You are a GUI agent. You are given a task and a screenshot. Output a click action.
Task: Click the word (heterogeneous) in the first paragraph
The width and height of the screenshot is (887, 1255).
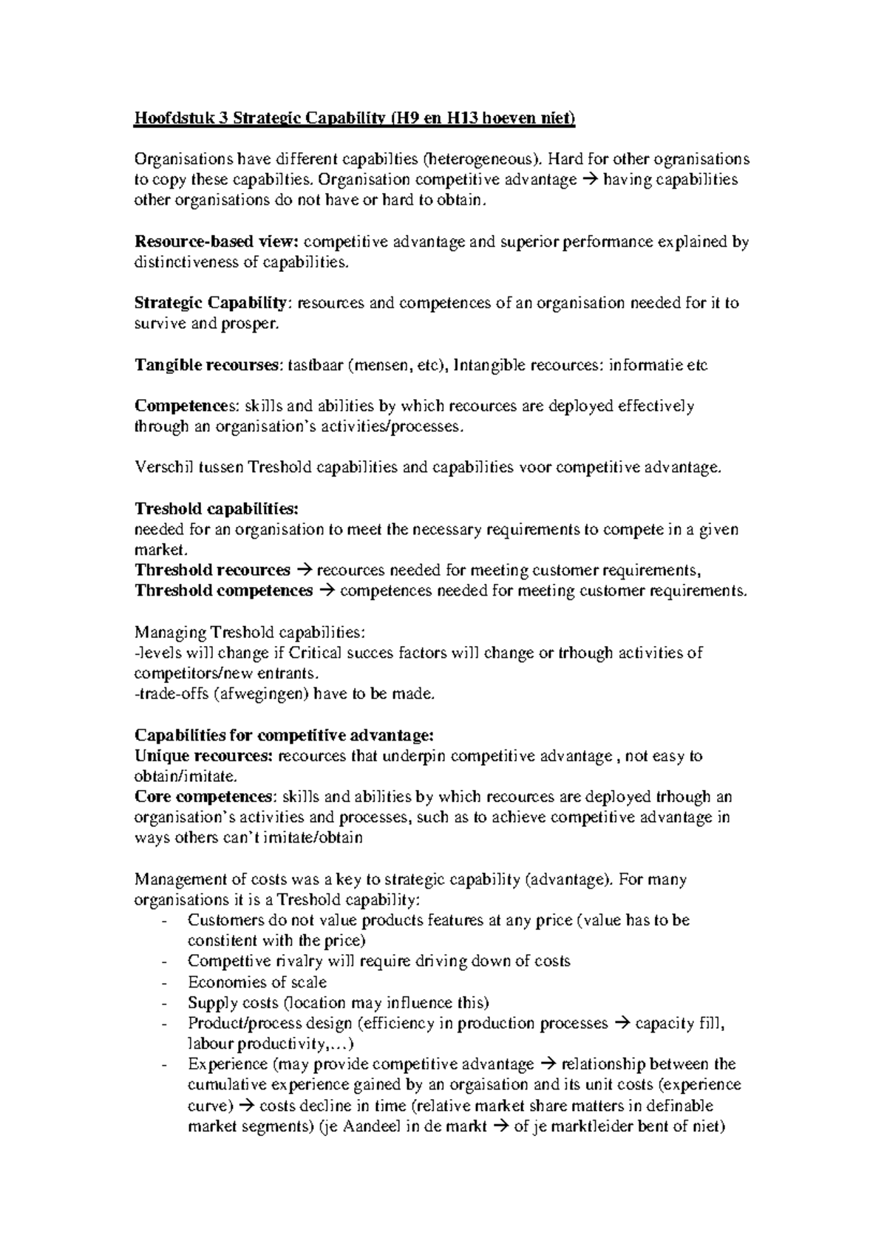tap(471, 160)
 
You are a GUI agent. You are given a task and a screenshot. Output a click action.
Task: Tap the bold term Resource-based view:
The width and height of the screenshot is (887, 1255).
tap(217, 242)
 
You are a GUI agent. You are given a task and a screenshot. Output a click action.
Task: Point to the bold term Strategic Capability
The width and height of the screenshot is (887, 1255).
tap(210, 303)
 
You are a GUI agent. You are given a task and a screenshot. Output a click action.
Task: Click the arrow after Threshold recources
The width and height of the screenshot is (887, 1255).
tap(304, 571)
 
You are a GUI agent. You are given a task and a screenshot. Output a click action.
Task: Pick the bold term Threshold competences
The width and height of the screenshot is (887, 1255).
tap(224, 591)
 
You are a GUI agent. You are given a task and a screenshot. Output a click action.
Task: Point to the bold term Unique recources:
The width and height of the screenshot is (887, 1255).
tap(205, 756)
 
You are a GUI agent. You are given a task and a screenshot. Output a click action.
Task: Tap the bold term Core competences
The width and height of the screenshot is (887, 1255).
tap(204, 797)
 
